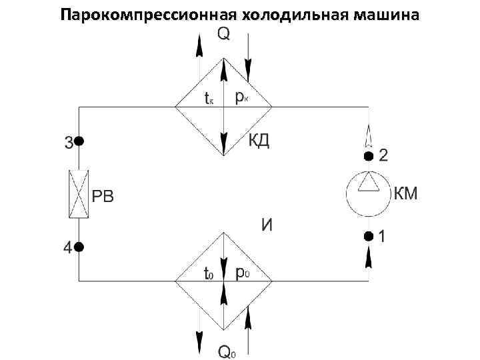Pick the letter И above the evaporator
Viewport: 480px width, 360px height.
267,225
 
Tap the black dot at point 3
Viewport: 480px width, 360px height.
79,141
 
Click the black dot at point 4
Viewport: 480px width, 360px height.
79,247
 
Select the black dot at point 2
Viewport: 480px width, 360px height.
368,157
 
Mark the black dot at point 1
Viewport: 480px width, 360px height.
368,235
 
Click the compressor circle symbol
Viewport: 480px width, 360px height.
368,196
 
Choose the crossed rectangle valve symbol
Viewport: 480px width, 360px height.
79,194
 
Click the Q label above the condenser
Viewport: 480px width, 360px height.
224,35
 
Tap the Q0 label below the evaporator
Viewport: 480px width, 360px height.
227,351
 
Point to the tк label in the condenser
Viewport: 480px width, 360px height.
209,99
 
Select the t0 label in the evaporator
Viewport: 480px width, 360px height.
209,273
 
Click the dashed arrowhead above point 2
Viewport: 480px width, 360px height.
368,136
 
